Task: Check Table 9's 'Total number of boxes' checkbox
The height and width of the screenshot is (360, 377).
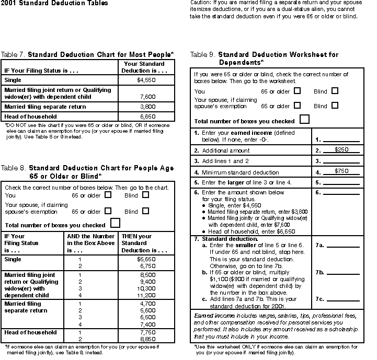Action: tap(304, 119)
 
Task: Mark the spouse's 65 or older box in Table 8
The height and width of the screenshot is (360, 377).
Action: tap(108, 211)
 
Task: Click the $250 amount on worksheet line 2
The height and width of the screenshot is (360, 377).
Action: tap(342, 150)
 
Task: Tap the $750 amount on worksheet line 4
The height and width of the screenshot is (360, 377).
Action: tap(342, 171)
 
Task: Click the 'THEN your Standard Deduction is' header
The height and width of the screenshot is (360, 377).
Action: tap(144, 243)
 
